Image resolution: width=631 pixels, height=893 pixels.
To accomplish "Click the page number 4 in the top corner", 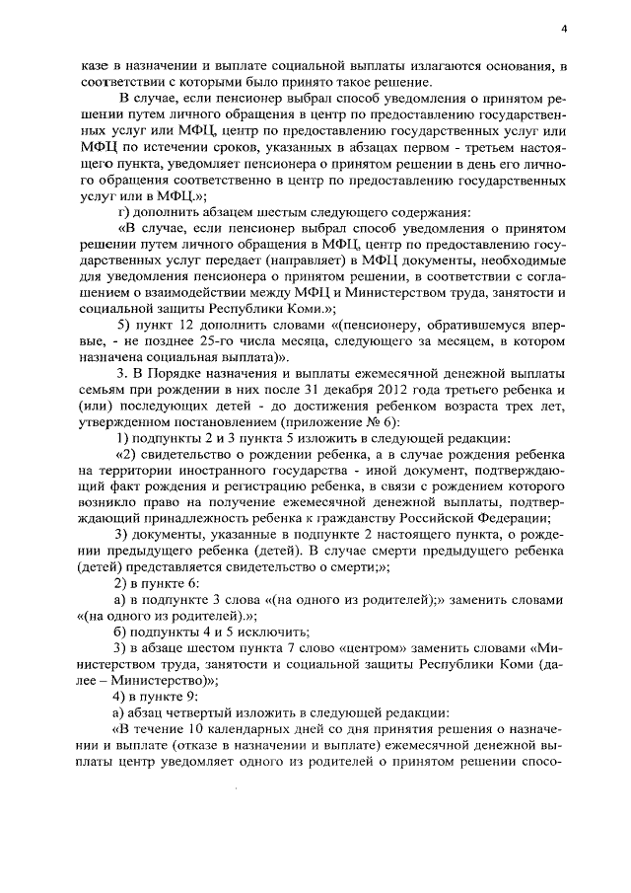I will pyautogui.click(x=563, y=30).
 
